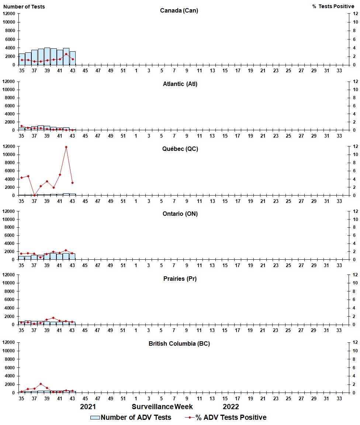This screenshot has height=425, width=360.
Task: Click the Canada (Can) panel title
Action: coord(179,10)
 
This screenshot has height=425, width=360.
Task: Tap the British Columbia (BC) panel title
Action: coord(179,343)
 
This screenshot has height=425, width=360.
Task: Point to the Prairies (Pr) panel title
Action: coord(180,279)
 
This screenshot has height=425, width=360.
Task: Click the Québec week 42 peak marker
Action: coord(66,147)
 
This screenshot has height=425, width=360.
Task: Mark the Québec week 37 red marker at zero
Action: coord(34,195)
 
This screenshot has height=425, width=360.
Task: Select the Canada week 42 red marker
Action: coord(66,54)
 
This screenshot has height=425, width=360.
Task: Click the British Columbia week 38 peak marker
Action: coord(41,384)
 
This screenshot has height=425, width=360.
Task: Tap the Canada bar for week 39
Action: coord(47,56)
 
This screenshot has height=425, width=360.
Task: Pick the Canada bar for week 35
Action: coord(22,59)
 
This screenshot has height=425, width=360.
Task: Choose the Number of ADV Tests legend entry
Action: coord(131,418)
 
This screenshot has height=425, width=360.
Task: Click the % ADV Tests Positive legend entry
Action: coord(225,418)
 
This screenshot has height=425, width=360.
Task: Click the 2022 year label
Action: coord(231,407)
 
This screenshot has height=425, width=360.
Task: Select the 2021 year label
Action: coord(88,407)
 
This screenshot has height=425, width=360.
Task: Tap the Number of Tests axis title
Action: coord(24,7)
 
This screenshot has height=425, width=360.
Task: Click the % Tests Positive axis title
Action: coord(333,7)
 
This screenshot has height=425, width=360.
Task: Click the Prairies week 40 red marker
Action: coord(53,318)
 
